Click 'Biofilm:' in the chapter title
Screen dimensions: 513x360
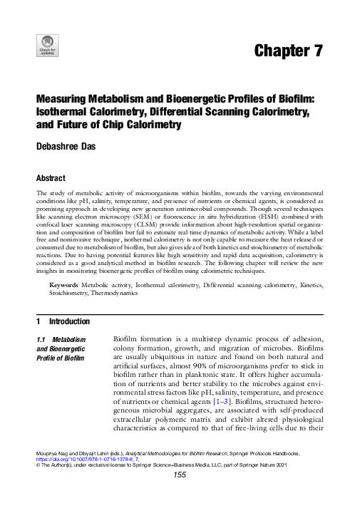(302, 100)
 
